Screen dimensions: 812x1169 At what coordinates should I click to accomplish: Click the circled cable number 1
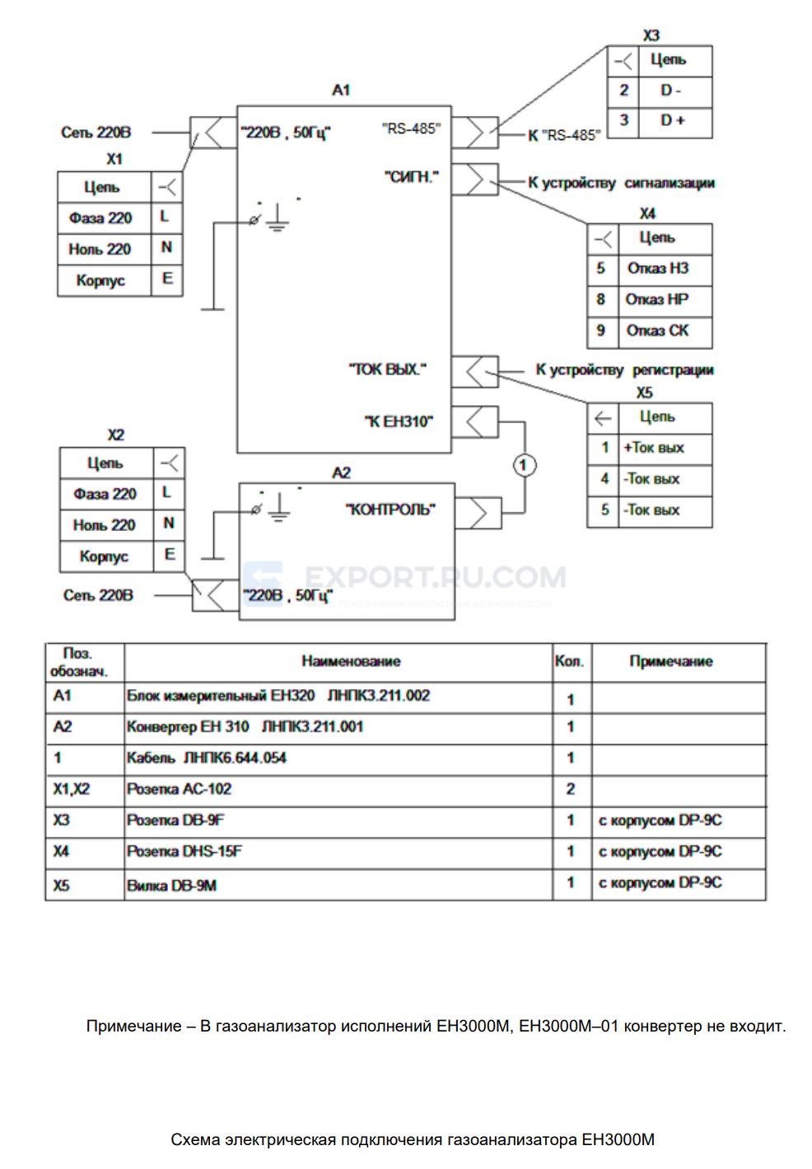524,465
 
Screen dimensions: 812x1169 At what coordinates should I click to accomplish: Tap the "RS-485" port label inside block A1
411,128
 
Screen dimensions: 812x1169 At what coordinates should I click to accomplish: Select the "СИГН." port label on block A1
412,177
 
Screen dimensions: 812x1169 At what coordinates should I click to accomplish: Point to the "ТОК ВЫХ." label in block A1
387,370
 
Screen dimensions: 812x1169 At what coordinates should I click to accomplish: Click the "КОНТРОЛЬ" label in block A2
390,510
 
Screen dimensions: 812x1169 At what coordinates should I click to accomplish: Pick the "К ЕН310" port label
399,421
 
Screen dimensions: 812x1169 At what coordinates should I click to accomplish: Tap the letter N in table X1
166,247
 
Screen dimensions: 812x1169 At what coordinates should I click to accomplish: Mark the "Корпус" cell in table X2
104,557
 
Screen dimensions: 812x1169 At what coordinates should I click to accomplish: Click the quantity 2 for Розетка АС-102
570,789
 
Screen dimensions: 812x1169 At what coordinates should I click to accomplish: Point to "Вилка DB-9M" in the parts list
171,886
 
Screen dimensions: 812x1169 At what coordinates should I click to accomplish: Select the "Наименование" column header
351,661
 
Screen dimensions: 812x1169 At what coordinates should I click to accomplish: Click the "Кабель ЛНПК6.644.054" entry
206,757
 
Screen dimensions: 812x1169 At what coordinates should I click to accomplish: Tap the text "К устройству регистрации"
624,370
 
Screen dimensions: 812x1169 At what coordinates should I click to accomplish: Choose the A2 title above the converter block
342,473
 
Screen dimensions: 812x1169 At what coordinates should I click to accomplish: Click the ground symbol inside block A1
278,217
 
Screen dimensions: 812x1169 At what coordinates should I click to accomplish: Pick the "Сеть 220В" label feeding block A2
98,595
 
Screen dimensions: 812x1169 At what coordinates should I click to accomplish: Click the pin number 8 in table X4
600,299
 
